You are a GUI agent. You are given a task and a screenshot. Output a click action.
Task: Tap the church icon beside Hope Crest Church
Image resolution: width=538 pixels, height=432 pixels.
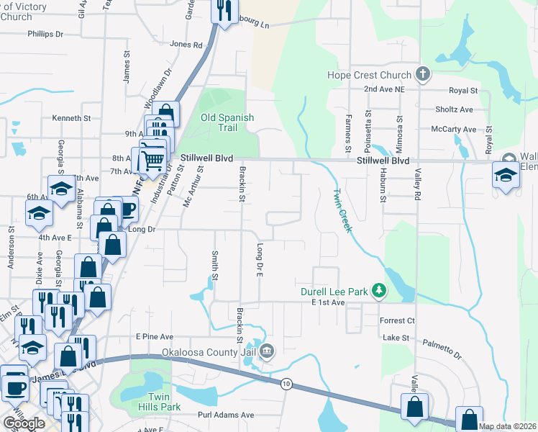423,74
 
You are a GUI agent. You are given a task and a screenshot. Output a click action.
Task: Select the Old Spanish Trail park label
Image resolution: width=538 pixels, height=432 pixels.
227,122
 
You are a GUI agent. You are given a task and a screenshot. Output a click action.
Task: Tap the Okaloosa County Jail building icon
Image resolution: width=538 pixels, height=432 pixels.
267,352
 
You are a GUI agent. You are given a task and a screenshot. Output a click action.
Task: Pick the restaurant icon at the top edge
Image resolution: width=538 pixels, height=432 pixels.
224,10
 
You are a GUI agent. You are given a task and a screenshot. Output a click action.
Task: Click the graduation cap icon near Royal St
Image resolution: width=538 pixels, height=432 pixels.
506,175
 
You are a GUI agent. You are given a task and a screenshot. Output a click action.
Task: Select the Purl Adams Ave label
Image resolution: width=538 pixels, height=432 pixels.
227,415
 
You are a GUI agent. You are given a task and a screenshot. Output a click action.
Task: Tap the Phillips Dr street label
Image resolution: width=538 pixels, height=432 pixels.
45,34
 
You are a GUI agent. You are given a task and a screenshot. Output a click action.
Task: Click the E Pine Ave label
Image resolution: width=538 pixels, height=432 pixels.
155,336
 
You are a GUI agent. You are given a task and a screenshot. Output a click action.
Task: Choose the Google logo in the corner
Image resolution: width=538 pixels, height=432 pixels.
24,423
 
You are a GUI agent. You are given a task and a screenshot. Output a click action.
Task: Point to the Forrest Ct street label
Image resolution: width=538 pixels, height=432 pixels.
399,320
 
